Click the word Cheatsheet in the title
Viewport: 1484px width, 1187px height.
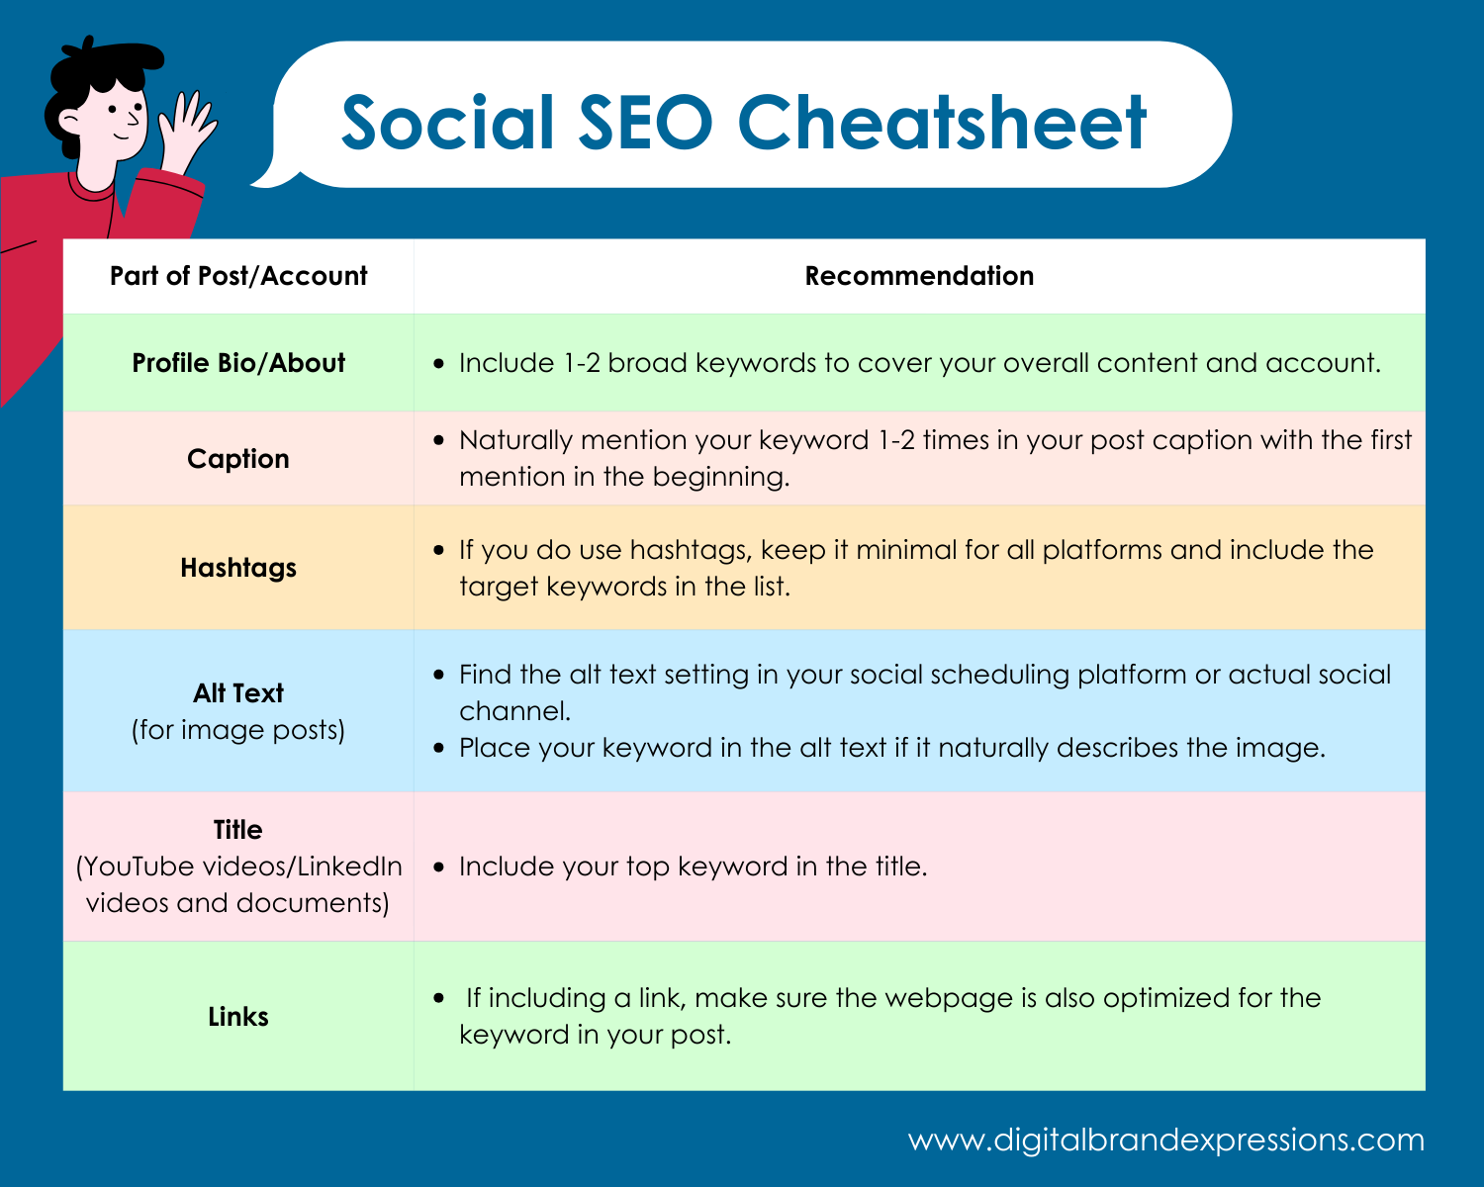[941, 123]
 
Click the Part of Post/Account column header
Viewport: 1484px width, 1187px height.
[238, 276]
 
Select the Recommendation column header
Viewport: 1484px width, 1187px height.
[919, 276]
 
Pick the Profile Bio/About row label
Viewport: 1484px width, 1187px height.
[238, 363]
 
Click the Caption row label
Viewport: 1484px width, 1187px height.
[238, 459]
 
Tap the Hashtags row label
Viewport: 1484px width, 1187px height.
[238, 568]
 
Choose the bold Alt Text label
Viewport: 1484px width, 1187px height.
[238, 693]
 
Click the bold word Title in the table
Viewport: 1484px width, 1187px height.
[238, 830]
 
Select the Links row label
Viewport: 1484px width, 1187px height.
[238, 1017]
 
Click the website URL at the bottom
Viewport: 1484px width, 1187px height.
[1165, 1140]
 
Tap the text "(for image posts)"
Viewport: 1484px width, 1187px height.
[238, 730]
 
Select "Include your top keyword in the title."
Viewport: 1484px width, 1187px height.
[693, 867]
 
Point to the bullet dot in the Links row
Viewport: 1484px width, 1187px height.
[439, 998]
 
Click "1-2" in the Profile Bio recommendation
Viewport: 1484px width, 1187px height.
[582, 363]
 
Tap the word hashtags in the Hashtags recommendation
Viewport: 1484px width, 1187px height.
[690, 550]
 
